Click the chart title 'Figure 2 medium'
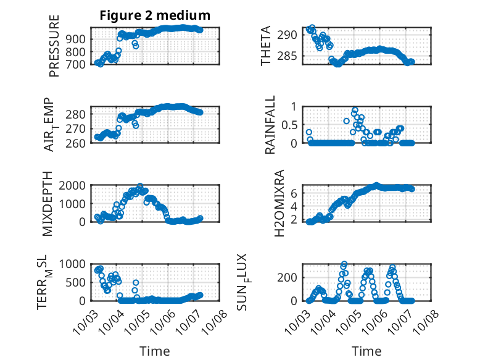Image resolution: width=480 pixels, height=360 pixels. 155,15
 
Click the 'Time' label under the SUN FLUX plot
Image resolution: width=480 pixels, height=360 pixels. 366,351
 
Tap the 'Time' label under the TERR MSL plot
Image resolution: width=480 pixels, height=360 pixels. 154,351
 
